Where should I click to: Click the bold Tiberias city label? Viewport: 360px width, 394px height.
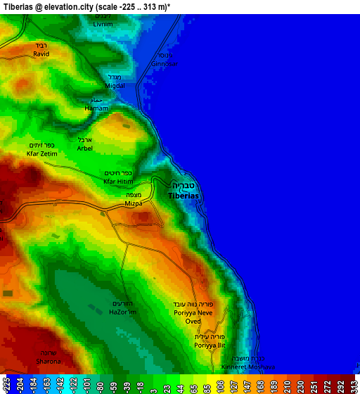tap(184, 195)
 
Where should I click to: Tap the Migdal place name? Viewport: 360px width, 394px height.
tap(115, 86)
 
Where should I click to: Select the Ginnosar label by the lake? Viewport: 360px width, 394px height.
tap(165, 63)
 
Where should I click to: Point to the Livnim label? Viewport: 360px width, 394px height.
tap(103, 24)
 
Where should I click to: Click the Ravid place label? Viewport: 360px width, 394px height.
tap(41, 53)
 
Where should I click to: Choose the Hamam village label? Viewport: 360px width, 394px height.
tap(96, 108)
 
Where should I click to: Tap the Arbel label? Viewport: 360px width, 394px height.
tap(84, 148)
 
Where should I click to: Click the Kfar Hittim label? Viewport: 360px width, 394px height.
tap(117, 182)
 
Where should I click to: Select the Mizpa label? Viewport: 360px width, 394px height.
tap(133, 203)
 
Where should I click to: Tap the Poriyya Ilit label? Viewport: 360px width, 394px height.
tap(210, 345)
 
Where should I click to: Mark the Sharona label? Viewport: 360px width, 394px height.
tap(48, 361)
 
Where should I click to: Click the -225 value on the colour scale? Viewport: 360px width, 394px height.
tap(7, 384)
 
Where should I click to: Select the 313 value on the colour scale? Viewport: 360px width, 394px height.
tap(353, 384)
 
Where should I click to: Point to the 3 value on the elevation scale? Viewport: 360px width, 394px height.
tap(153, 384)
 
